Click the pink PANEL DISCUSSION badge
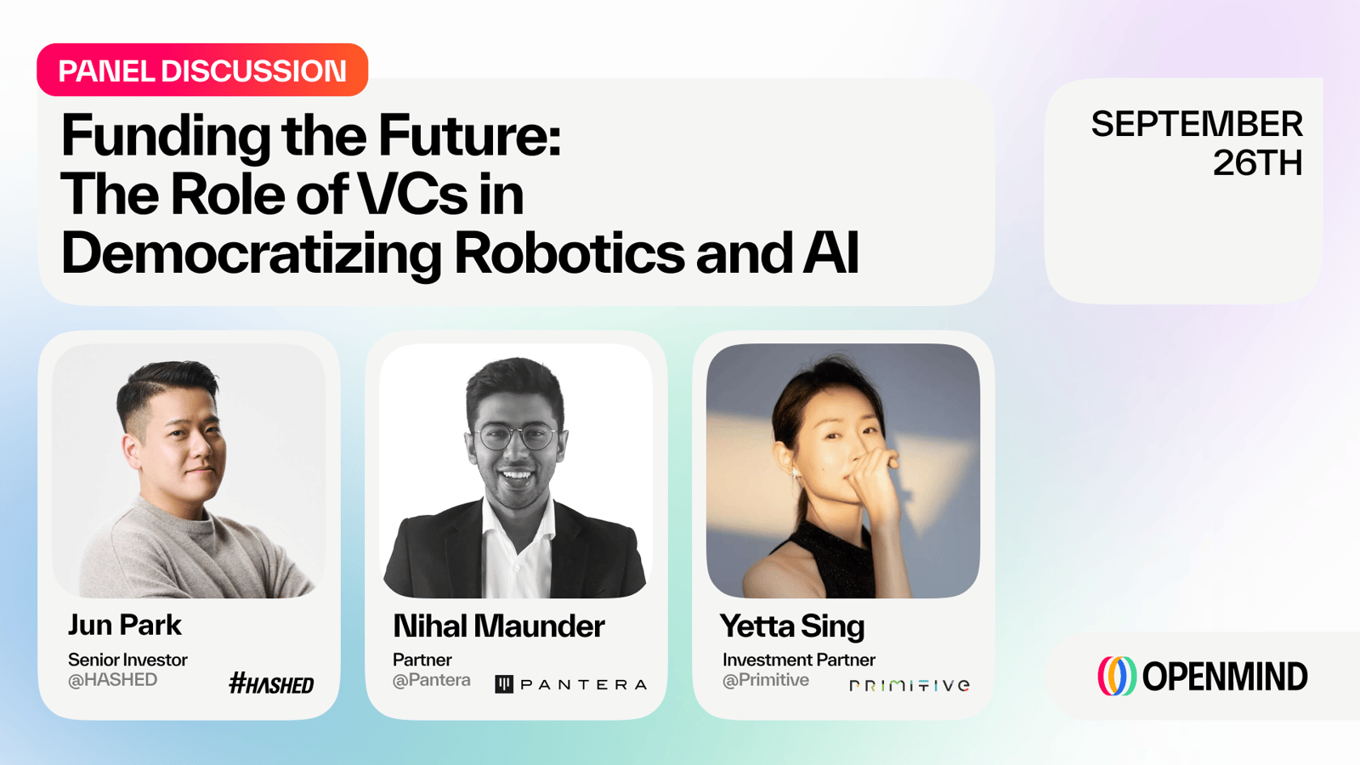pos(202,70)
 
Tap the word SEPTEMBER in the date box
pos(1197,124)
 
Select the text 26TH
pos(1257,162)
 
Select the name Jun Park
pos(124,625)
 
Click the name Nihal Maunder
pos(498,626)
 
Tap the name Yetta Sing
pos(791,626)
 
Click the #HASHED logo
pos(271,683)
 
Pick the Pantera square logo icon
pos(504,684)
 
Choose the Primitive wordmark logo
pos(909,685)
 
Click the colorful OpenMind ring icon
pos(1117,676)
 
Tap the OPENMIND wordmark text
pos(1225,677)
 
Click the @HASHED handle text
pos(112,680)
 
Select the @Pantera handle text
pos(431,680)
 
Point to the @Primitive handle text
pos(765,680)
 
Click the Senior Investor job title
pos(127,660)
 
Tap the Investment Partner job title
pos(798,660)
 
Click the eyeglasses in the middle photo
pos(515,437)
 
